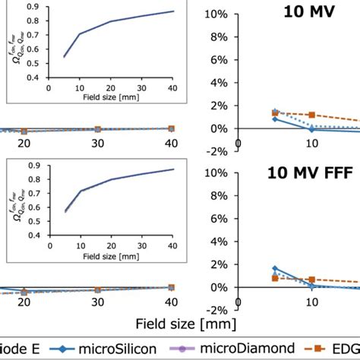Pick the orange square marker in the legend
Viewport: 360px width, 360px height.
(315, 349)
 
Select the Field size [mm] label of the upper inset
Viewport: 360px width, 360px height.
(111, 96)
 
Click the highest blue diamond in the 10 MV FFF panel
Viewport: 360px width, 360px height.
(274, 269)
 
